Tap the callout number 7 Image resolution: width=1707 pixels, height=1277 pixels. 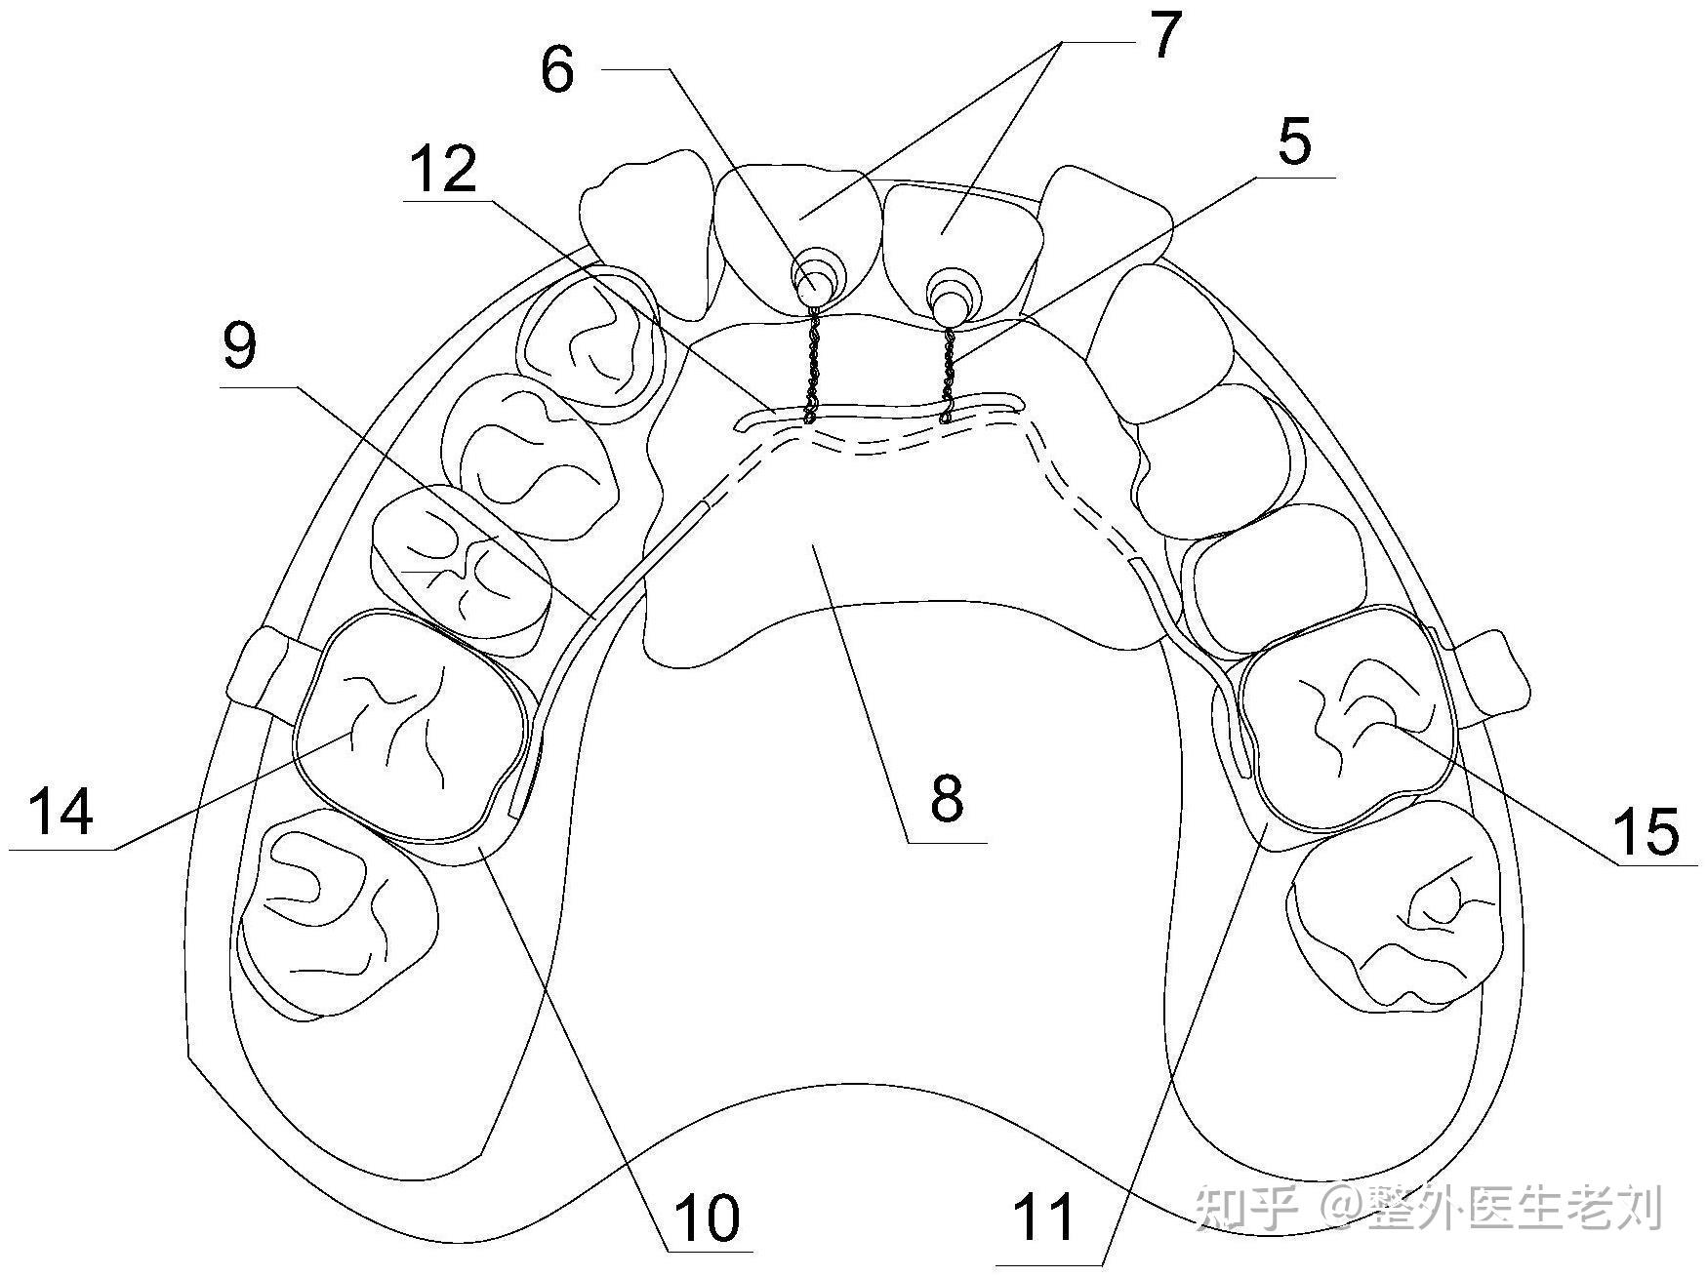pyautogui.click(x=1159, y=37)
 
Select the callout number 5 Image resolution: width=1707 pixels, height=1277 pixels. pyautogui.click(x=1294, y=142)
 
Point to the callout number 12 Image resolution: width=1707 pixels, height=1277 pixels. pyautogui.click(x=443, y=169)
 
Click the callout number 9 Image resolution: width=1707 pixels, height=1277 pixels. pyautogui.click(x=240, y=346)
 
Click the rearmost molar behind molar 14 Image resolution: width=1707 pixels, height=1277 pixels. pyautogui.click(x=337, y=912)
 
